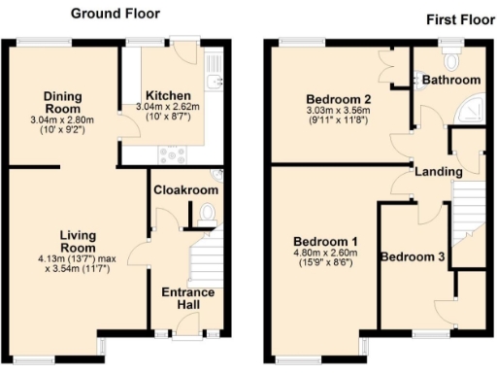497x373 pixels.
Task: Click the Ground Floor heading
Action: point(116,14)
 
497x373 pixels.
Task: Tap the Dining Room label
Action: point(61,103)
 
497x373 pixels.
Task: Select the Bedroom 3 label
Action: point(412,257)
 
